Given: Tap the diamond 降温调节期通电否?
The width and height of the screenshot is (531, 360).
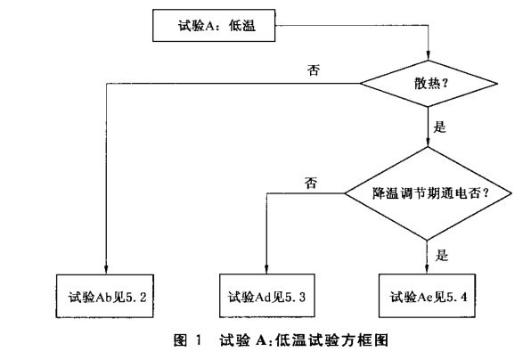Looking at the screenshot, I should pyautogui.click(x=429, y=192).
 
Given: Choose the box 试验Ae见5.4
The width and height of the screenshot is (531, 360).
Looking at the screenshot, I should pyautogui.click(x=429, y=294).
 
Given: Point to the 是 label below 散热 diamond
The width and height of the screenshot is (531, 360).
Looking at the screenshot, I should pyautogui.click(x=439, y=127).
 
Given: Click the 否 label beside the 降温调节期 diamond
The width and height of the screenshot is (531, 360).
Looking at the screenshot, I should pyautogui.click(x=311, y=183).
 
